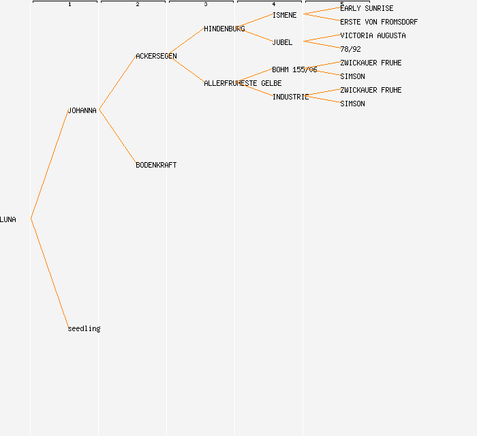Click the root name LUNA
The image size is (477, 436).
pos(8,219)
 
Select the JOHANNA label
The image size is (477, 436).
pos(82,110)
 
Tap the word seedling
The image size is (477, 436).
pos(84,328)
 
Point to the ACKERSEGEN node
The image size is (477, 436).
pos(156,56)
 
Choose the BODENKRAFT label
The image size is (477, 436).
pos(156,165)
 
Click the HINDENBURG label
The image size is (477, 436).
pos(224,29)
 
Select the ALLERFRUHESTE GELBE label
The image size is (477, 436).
pos(243,83)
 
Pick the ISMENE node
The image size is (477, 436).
pos(284,15)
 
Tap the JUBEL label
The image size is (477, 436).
pos(282,42)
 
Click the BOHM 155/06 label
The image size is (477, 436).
pos(294,69)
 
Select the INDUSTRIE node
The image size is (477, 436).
pos(291,97)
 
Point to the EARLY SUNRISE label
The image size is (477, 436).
pos(367,8)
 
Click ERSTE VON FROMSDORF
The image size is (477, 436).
pos(379,22)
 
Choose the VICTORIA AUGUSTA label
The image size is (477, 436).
pos(373,35)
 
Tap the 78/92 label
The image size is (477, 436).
pos(350,49)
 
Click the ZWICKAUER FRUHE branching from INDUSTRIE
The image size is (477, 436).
pos(371,90)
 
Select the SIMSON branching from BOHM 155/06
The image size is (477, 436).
pos(352,76)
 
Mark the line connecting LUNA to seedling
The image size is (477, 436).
pos(49,272)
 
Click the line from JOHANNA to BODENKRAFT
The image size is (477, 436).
pos(117,136)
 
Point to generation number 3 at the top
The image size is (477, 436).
pos(206,5)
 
